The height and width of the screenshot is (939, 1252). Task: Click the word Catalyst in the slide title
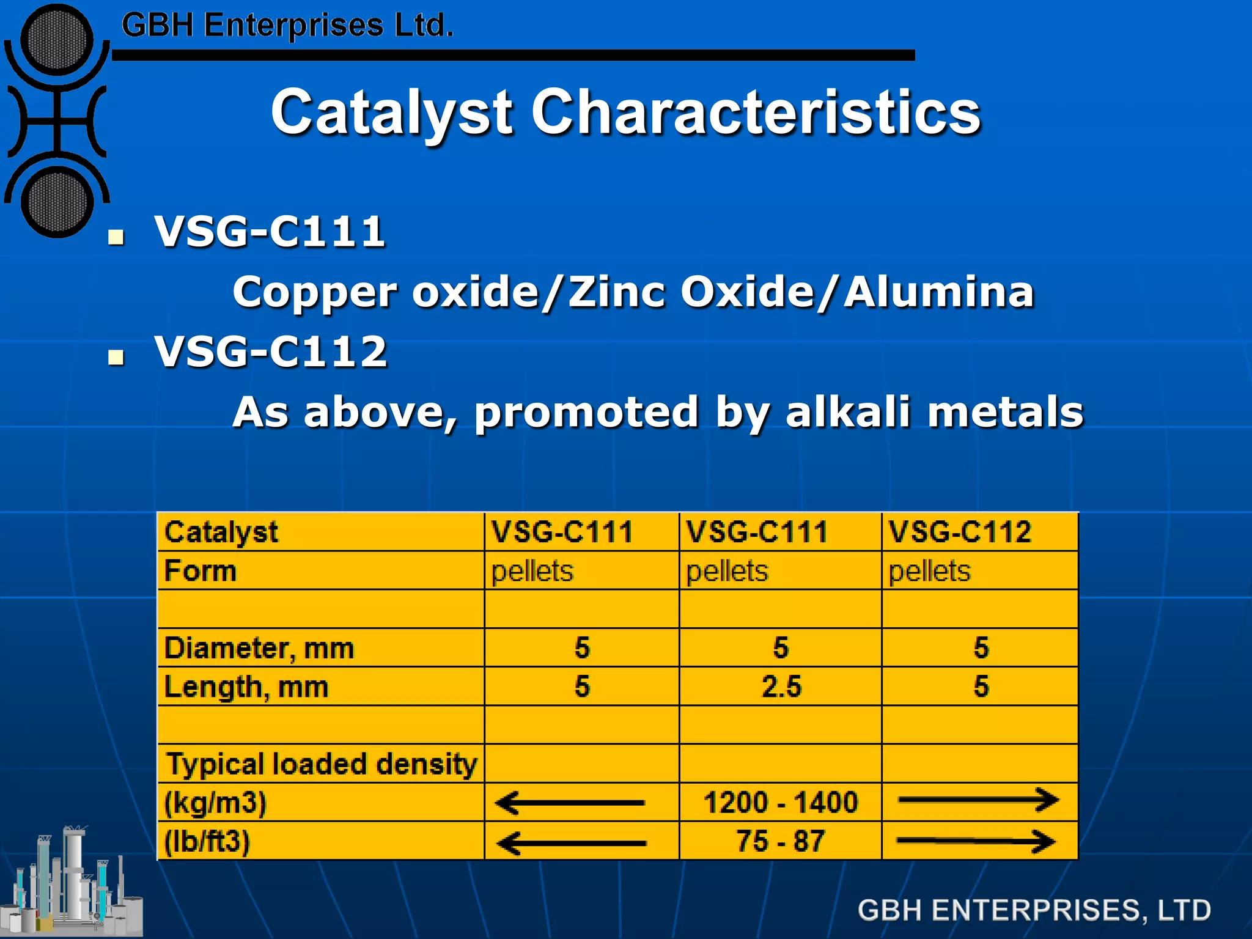click(391, 112)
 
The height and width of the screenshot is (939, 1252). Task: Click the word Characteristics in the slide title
click(756, 112)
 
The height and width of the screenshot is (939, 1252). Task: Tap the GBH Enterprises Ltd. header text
click(287, 26)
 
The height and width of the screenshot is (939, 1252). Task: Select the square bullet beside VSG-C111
click(116, 237)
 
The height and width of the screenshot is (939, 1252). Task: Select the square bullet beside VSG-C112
click(116, 357)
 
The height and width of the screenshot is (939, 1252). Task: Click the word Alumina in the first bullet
click(938, 292)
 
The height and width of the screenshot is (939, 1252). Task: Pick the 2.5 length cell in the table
click(781, 687)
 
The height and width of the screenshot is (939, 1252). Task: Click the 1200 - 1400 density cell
click(781, 802)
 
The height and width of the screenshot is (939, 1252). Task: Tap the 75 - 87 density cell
click(781, 841)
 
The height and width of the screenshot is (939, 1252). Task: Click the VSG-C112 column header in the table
click(960, 532)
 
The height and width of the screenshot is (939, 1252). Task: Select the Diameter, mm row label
click(259, 648)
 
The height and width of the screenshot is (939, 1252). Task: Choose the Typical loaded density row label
click(322, 764)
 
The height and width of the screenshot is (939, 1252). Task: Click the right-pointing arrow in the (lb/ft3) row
click(976, 842)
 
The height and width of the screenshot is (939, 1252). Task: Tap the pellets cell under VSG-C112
click(929, 572)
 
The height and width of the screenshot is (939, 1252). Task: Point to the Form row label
click(201, 572)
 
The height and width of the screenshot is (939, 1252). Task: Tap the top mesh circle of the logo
click(56, 40)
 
